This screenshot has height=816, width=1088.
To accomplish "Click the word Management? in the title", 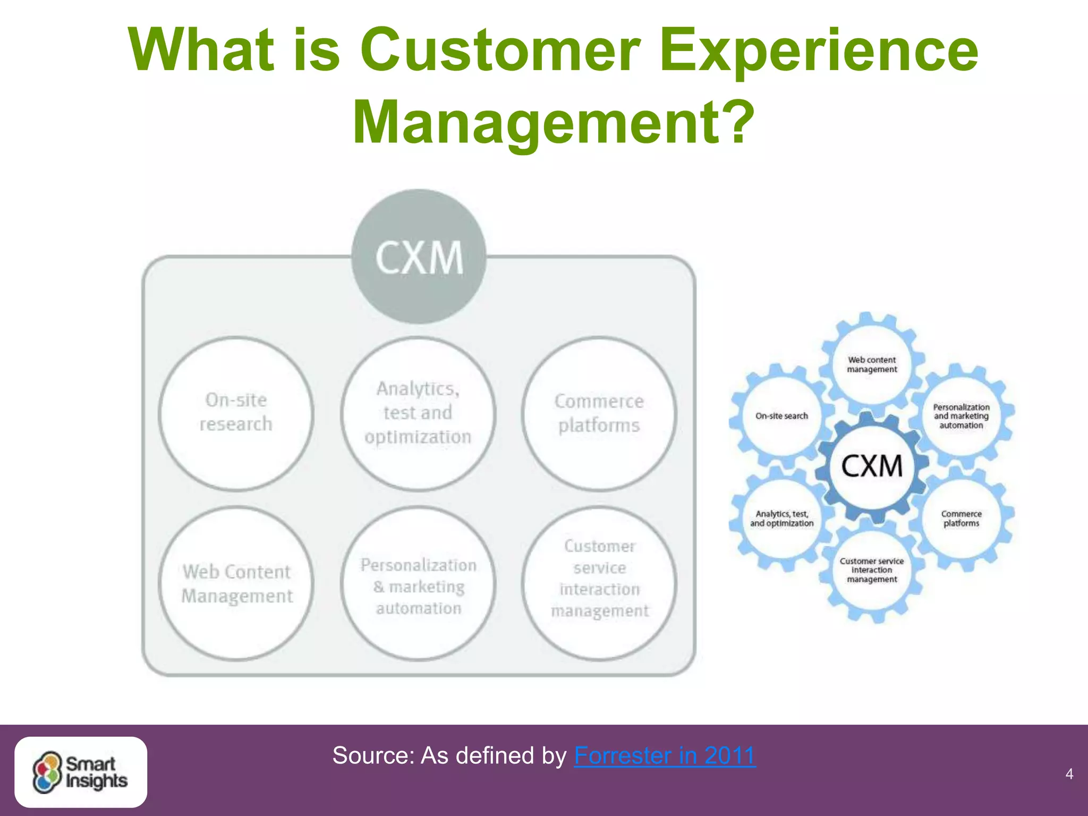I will click(x=553, y=122).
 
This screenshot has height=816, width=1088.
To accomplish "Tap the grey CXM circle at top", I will click(x=419, y=257).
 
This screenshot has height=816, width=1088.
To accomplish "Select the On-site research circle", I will click(x=236, y=413).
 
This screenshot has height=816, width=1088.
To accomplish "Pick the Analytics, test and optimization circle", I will click(x=418, y=413).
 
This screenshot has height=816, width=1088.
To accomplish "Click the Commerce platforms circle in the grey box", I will click(x=599, y=413).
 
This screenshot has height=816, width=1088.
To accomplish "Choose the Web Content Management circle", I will click(x=236, y=583).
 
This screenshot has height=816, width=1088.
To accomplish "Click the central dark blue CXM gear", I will click(x=872, y=466).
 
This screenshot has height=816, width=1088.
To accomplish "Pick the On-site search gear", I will click(x=781, y=416).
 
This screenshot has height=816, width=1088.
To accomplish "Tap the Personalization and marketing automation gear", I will click(x=961, y=416).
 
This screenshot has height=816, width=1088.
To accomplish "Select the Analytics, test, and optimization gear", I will click(x=781, y=518).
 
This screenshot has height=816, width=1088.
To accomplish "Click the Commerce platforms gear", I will click(x=961, y=518).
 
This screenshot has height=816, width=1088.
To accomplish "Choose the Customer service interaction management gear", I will click(x=872, y=570).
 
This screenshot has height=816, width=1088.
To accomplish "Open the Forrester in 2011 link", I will click(x=665, y=755).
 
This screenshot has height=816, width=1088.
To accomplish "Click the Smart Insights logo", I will click(x=81, y=772).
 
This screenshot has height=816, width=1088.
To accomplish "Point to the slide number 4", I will click(x=1069, y=774).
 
